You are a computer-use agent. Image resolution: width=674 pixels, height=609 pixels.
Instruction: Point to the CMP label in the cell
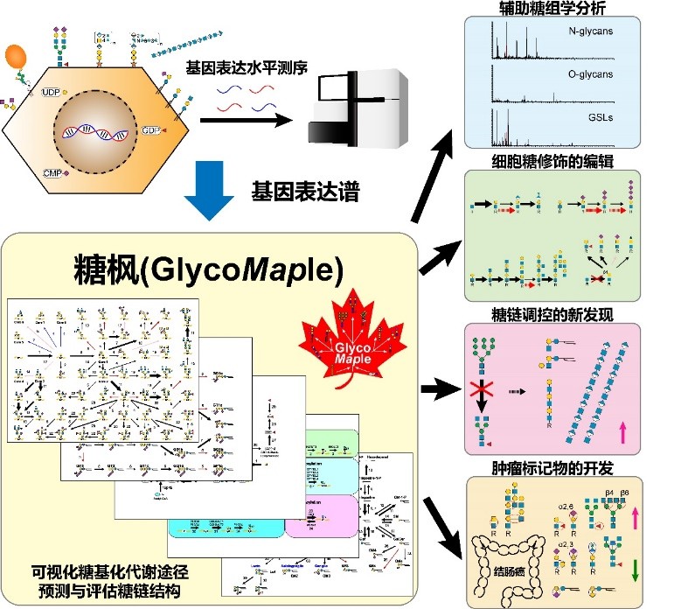click(x=51, y=172)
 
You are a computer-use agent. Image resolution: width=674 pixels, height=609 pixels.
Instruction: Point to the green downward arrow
click(x=635, y=570)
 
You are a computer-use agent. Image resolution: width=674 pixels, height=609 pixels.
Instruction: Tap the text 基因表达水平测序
click(x=242, y=67)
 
